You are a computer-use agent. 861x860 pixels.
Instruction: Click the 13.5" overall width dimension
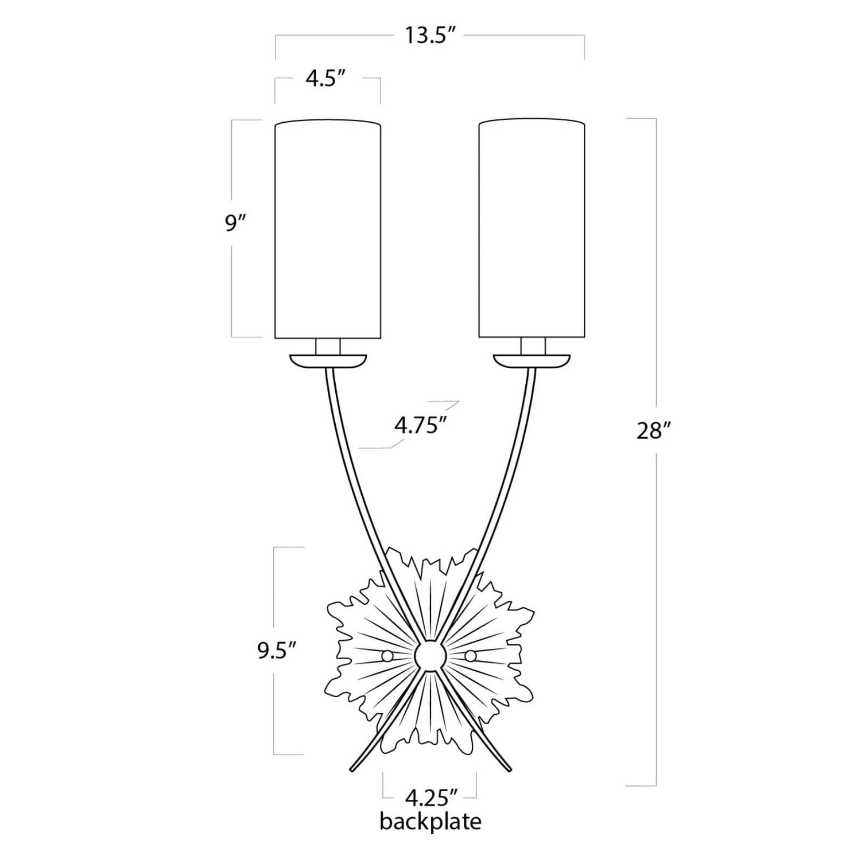(430, 36)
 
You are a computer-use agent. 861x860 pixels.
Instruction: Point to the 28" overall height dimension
(650, 431)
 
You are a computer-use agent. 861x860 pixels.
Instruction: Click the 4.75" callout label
(421, 426)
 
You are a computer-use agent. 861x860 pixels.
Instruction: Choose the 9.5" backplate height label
(277, 652)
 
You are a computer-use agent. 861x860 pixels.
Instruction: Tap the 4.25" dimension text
(430, 797)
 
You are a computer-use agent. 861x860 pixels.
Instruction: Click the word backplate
(430, 822)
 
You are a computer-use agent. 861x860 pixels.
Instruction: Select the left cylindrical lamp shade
(328, 229)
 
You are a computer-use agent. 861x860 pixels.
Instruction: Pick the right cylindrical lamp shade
(532, 229)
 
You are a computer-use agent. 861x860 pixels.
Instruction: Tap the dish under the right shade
(532, 361)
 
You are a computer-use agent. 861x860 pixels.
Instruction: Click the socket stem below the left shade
(328, 347)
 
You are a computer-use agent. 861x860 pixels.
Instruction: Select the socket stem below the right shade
(532, 347)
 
